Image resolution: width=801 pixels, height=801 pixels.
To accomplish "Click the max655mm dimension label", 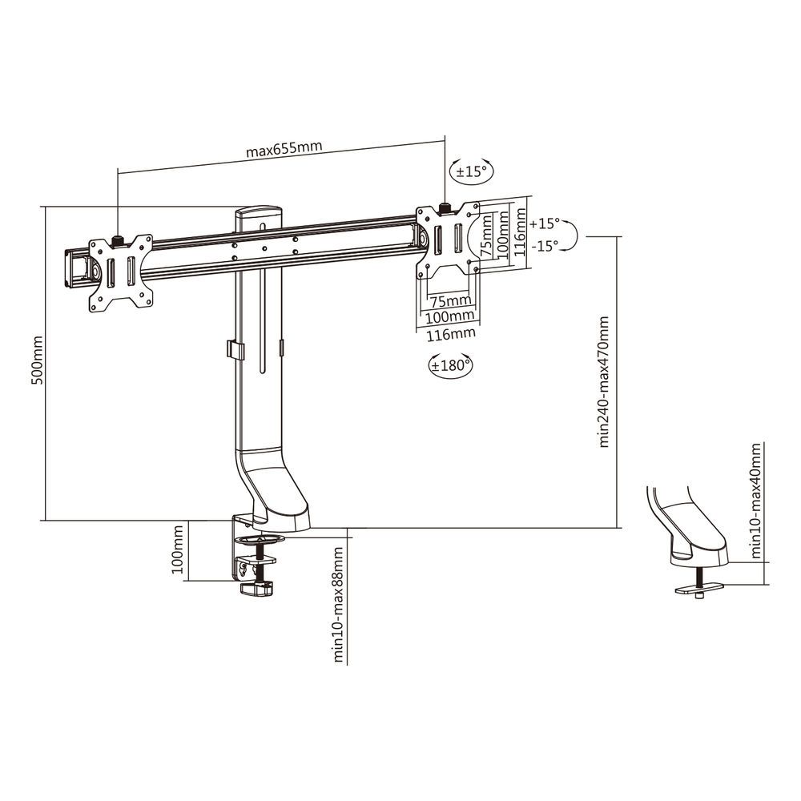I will pyautogui.click(x=284, y=149).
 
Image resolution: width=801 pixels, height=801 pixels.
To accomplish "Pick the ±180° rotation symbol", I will pyautogui.click(x=450, y=366).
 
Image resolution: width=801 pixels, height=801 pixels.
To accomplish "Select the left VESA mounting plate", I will pyautogui.click(x=120, y=272).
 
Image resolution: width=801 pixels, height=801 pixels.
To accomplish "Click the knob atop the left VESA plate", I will pyautogui.click(x=119, y=239).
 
